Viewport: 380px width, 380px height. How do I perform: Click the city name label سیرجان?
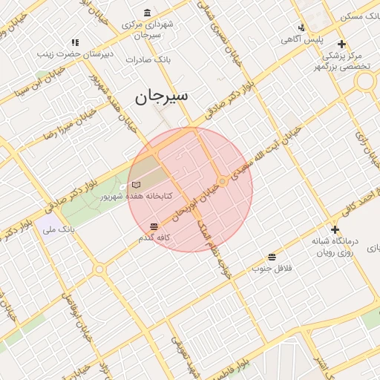(x=162, y=96)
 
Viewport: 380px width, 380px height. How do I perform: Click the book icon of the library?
(x=134, y=184)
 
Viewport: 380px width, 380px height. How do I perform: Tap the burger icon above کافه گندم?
(x=154, y=226)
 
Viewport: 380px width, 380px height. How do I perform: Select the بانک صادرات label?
(x=148, y=59)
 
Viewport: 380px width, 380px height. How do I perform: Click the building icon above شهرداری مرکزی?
(x=147, y=13)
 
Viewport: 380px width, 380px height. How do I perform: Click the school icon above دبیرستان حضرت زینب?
(x=73, y=42)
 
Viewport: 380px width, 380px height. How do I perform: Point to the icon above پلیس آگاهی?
(x=301, y=25)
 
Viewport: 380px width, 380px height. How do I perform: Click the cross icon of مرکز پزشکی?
(x=341, y=44)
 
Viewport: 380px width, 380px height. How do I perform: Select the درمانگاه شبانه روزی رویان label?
(x=335, y=246)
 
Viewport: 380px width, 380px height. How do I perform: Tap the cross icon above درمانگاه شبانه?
(x=335, y=229)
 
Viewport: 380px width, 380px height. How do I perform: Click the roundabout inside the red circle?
(x=223, y=181)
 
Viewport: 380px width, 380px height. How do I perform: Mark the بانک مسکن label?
(x=361, y=16)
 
